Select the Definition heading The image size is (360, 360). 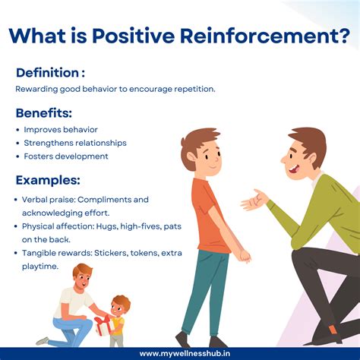click(x=50, y=72)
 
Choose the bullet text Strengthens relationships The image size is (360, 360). click(x=74, y=143)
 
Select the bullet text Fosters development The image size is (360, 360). click(x=65, y=156)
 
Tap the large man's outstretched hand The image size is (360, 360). click(x=254, y=201)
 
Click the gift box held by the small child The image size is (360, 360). click(x=103, y=325)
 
